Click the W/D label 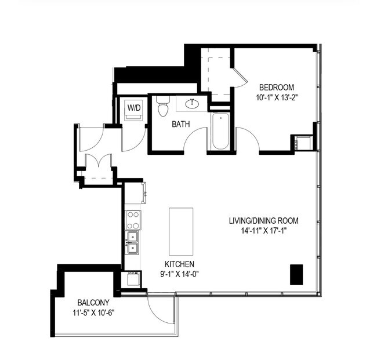tap(134, 107)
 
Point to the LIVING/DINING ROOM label tap(263, 220)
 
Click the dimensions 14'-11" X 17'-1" tap(263, 230)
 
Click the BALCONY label tap(93, 303)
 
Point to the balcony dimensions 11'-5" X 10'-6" tap(93, 313)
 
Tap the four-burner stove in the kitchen tap(133, 220)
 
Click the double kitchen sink tap(133, 242)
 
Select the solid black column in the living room tap(296, 274)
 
